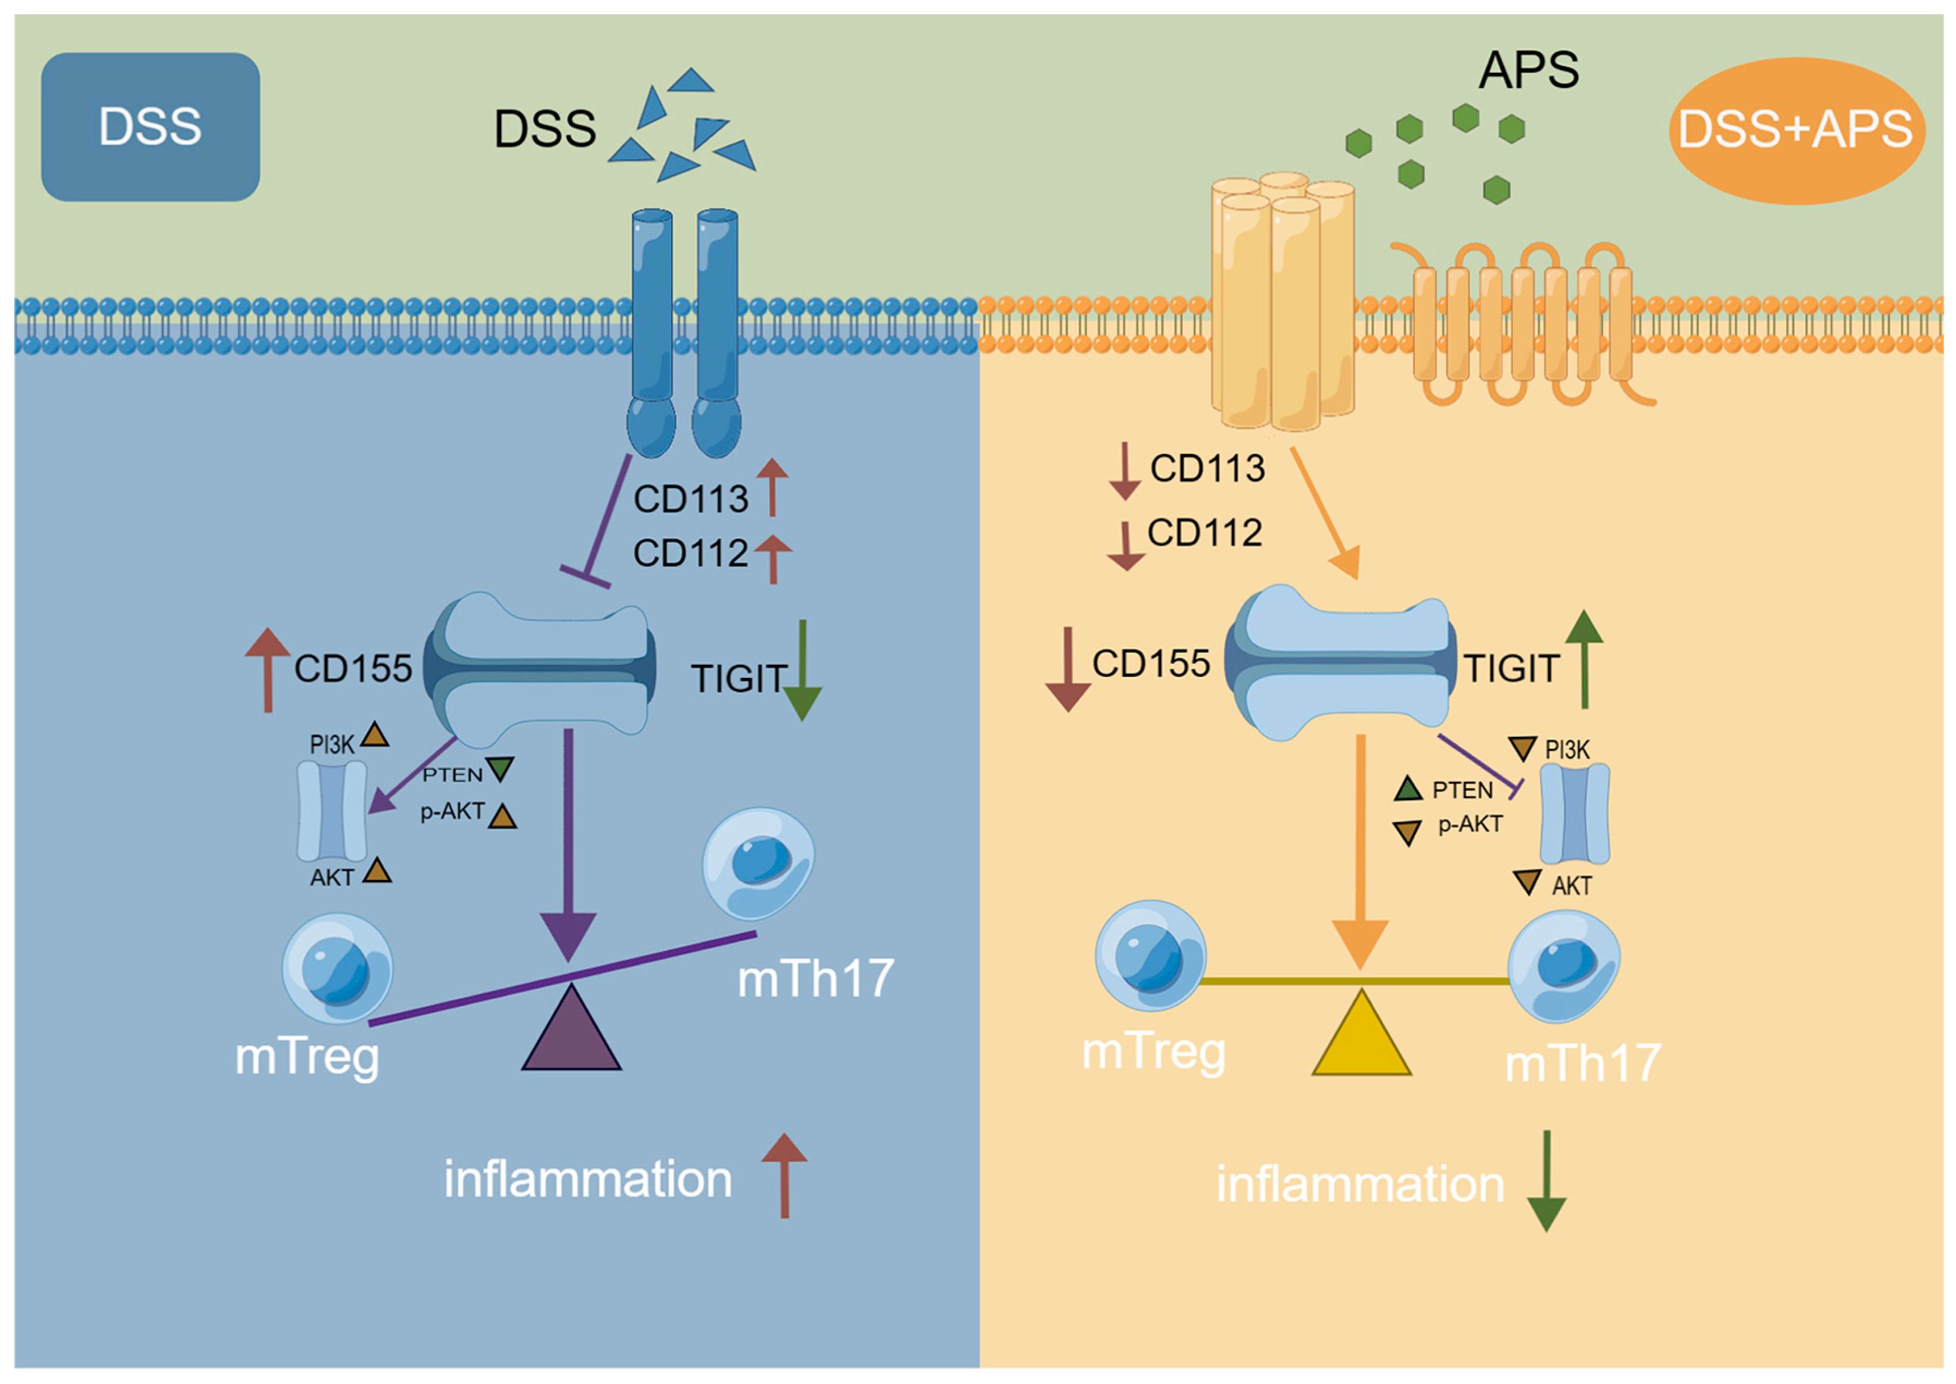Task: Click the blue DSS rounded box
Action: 150,127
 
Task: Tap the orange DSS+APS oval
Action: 1795,129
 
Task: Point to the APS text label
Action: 1528,70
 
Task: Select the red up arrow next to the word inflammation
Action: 784,1175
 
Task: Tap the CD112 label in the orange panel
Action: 1204,533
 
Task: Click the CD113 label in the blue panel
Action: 690,499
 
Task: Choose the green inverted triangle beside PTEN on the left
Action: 499,768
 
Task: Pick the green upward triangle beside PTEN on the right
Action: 1408,789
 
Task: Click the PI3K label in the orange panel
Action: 1566,750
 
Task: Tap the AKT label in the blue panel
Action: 331,877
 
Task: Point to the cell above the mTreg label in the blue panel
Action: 337,968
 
